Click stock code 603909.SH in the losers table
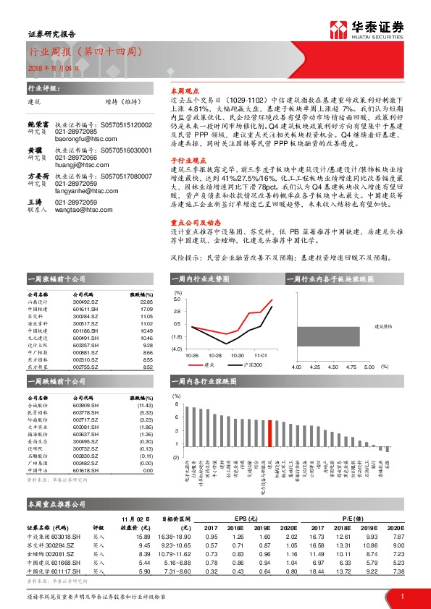(86, 406)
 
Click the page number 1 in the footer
(401, 596)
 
